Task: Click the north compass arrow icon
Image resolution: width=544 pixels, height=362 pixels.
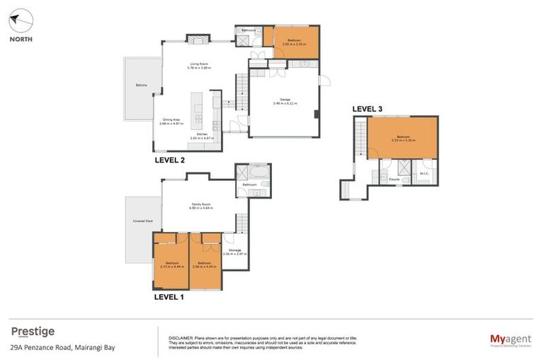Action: pyautogui.click(x=21, y=21)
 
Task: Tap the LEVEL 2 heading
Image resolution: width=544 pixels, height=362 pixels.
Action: pyautogui.click(x=169, y=160)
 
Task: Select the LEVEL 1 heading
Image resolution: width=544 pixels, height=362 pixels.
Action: pyautogui.click(x=169, y=298)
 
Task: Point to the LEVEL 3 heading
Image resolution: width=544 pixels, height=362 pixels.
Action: pyautogui.click(x=368, y=108)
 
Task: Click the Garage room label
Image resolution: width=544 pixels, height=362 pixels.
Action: pyautogui.click(x=285, y=100)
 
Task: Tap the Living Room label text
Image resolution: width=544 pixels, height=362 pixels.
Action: pyautogui.click(x=200, y=64)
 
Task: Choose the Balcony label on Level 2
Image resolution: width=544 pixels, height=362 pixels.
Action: pyautogui.click(x=142, y=86)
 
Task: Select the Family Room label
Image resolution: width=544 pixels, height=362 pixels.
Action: pyautogui.click(x=200, y=206)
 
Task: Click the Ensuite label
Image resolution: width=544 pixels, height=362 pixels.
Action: pyautogui.click(x=394, y=180)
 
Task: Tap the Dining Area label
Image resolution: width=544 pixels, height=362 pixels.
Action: pyautogui.click(x=173, y=120)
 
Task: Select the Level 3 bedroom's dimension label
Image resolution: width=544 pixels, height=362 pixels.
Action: pyautogui.click(x=402, y=141)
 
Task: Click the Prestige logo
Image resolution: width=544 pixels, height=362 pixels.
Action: pyautogui.click(x=33, y=332)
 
